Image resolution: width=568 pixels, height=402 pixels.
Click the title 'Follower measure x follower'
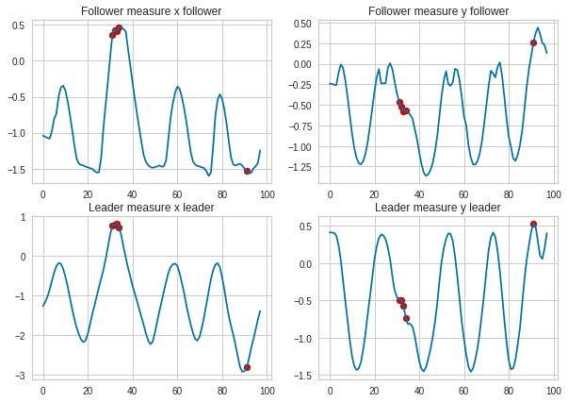click(151, 11)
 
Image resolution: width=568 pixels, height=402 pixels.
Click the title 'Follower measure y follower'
click(437, 11)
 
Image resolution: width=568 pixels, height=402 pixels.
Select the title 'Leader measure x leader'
click(151, 208)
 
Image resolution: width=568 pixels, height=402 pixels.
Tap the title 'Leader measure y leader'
click(437, 208)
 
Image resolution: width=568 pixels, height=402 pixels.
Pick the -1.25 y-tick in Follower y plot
click(303, 168)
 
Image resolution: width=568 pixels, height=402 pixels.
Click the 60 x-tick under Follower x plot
click(177, 193)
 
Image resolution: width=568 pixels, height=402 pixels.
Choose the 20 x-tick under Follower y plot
click(374, 193)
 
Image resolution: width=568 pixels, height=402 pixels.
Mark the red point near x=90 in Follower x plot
click(247, 171)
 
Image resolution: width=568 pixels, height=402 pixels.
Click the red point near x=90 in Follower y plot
click(533, 42)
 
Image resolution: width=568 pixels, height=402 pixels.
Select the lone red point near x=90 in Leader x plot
click(247, 367)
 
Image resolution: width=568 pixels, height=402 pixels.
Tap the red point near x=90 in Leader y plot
click(533, 225)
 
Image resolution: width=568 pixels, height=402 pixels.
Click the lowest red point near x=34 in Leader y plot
click(406, 318)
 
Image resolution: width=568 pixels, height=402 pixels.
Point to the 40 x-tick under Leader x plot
click(132, 389)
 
